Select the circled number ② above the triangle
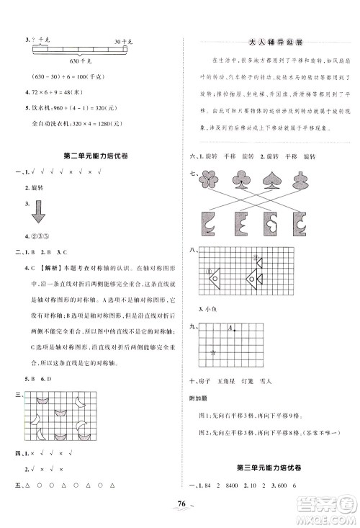pyautogui.click(x=254, y=255)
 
